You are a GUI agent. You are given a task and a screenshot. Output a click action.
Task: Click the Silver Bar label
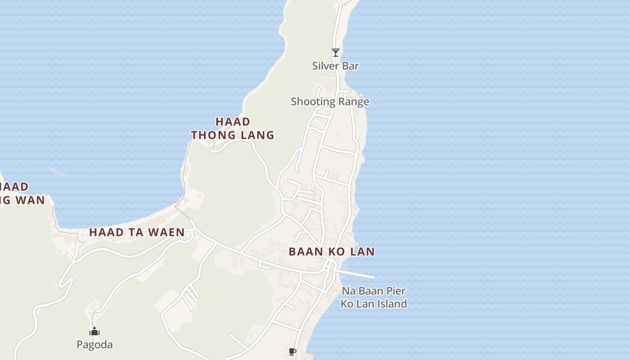336,66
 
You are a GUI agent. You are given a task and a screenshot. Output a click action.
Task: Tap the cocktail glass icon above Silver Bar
335,53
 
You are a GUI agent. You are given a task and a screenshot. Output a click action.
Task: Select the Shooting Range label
330,102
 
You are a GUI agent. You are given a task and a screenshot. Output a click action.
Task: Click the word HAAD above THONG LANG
233,121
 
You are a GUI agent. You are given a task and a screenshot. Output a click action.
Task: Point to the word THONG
212,135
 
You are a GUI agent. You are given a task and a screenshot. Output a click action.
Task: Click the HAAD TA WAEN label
137,232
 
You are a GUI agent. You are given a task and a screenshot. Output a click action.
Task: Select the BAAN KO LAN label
332,252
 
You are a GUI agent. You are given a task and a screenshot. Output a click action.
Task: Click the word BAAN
306,252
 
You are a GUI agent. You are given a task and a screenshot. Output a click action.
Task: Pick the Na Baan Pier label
373,291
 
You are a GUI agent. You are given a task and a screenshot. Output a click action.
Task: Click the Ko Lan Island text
373,304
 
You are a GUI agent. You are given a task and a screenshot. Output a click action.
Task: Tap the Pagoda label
94,345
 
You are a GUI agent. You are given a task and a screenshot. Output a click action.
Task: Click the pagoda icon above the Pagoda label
94,332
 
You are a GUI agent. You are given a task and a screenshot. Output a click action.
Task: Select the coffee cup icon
292,351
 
